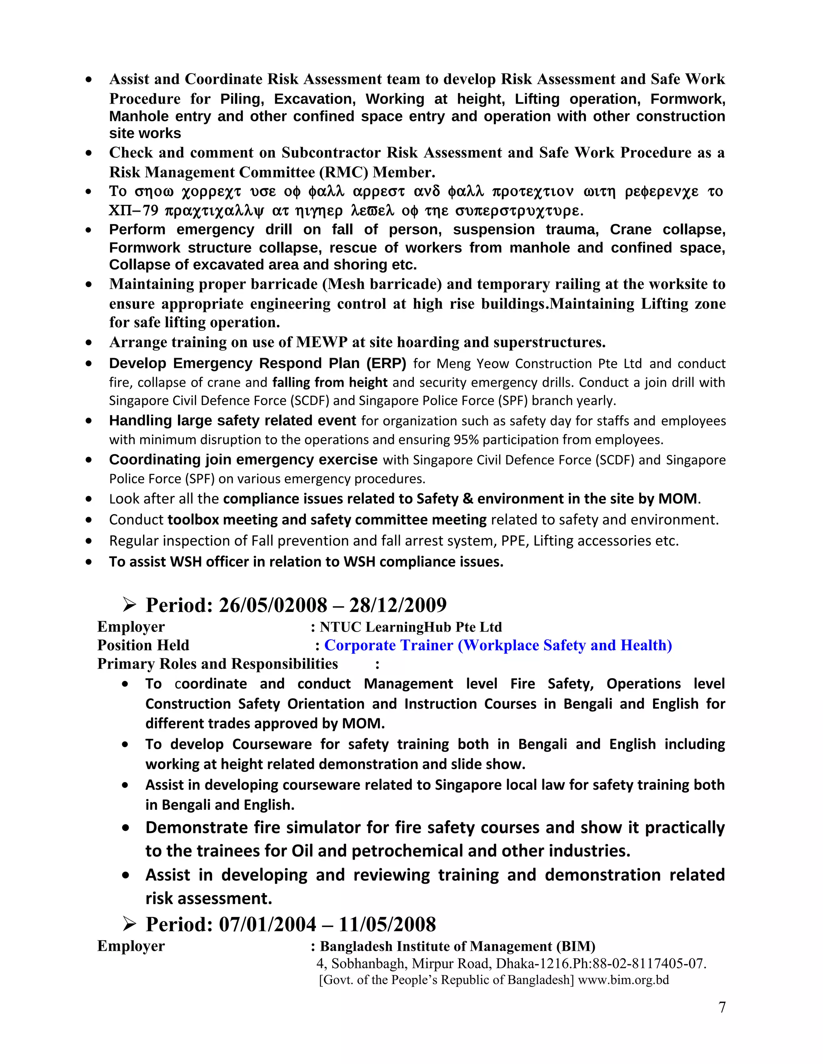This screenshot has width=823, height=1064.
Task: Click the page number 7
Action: coord(722,1007)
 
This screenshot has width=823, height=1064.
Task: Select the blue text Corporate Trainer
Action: coord(389,645)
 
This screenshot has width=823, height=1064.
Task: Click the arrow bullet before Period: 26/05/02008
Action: coord(130,605)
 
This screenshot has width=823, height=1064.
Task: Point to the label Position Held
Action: coord(143,645)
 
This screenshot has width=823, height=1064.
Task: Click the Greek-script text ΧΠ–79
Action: coord(132,211)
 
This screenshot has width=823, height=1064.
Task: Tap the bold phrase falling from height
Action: coord(330,382)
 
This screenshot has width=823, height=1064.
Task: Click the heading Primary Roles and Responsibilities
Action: coord(217,664)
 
